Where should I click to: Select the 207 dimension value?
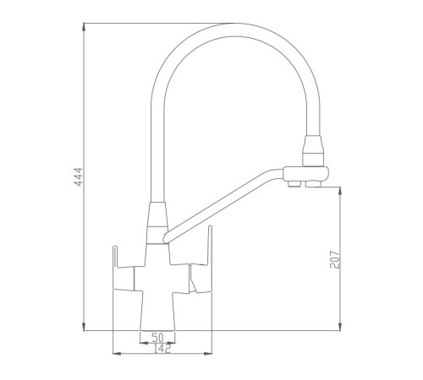(335, 259)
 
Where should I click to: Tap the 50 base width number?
(157, 337)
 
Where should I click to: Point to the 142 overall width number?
(162, 349)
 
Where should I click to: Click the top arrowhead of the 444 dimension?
(84, 27)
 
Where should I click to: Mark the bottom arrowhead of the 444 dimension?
(84, 327)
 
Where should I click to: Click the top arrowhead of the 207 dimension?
(340, 191)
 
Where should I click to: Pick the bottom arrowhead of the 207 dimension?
(340, 327)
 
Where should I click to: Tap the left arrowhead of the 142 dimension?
(117, 353)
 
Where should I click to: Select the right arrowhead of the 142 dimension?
(208, 353)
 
